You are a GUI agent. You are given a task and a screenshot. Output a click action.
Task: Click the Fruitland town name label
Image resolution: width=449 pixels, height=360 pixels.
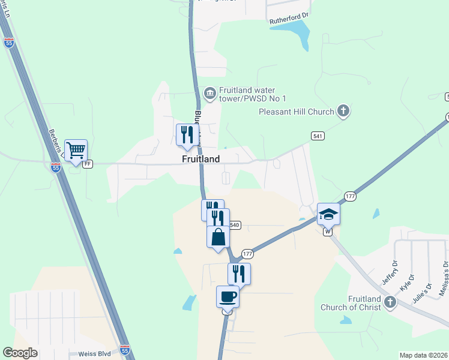pos(201,159)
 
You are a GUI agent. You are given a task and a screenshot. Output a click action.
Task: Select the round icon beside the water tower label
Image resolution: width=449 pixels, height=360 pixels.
pos(209,92)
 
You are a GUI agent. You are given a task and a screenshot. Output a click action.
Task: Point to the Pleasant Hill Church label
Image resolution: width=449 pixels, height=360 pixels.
pos(296,111)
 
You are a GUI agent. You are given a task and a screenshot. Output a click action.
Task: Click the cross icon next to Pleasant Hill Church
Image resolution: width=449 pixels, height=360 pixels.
pos(343,110)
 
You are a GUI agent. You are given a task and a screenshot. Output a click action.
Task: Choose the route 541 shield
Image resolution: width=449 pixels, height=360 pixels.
pos(318,137)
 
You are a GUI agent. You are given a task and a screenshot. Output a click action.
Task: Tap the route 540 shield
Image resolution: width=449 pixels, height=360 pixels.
pos(234,225)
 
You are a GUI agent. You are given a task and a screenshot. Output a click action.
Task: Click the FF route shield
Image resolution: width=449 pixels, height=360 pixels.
pos(88,164)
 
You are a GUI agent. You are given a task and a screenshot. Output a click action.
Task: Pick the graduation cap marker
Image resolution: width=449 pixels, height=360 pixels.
pos(328,214)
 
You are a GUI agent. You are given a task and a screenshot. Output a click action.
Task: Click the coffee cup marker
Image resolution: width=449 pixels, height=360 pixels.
pos(228,296)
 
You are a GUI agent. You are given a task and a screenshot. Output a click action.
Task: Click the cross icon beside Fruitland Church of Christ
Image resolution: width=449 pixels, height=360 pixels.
pos(390,302)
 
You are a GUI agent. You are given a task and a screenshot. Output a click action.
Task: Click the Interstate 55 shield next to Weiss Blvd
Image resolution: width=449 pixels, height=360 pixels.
pos(124,350)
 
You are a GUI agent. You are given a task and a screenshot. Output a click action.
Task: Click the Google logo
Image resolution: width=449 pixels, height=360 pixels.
pos(20,353)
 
